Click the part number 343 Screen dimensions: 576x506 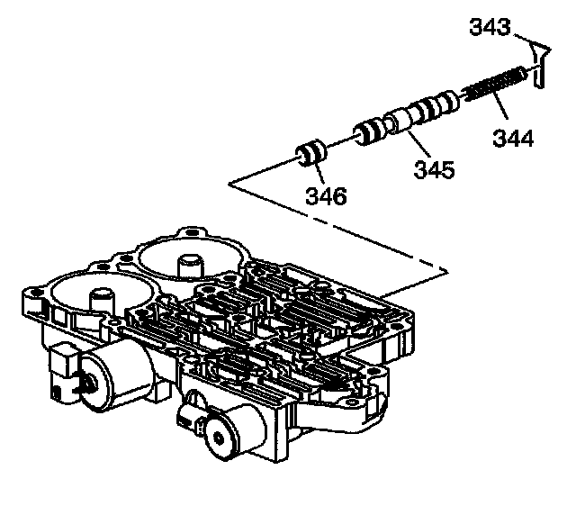coord(490,29)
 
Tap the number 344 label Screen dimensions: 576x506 coord(512,138)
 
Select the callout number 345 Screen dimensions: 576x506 coord(435,168)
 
